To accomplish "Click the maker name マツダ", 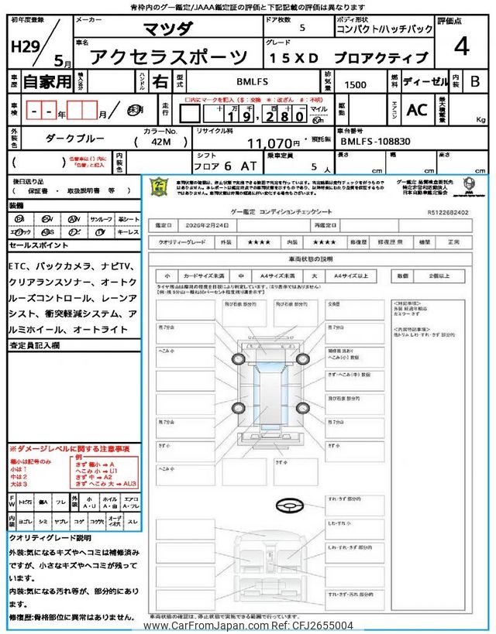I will point(170,29).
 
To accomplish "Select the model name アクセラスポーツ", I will point(170,57).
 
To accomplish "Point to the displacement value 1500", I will point(356,84).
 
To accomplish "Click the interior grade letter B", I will point(474,80).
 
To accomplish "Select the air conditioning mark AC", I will point(417,110).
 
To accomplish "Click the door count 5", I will point(301,28).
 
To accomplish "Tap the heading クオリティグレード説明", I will point(50,537).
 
